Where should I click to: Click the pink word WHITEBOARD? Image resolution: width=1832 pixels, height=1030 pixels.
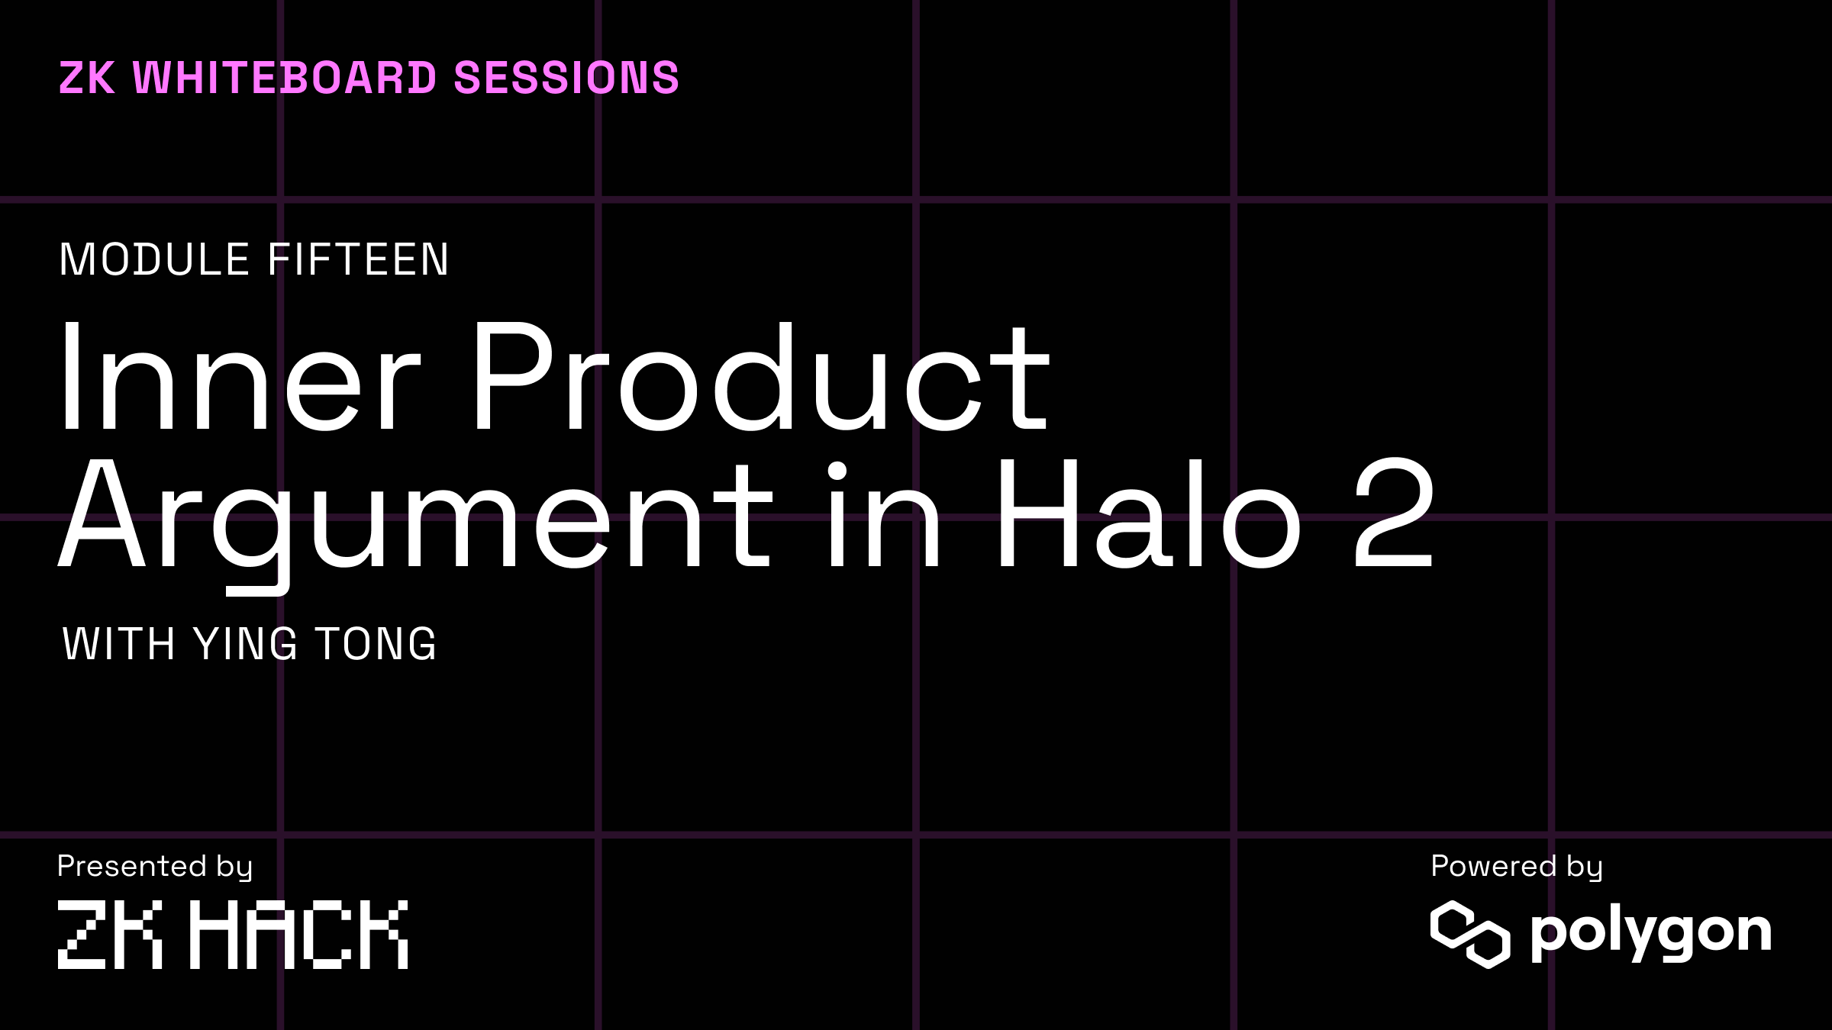(x=285, y=78)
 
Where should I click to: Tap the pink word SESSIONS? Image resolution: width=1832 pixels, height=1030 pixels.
(x=566, y=78)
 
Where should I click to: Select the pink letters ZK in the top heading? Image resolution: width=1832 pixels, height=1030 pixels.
(x=87, y=78)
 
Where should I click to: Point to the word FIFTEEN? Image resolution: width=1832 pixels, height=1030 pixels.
(x=358, y=259)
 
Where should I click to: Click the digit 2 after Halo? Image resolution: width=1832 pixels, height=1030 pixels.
(x=1394, y=515)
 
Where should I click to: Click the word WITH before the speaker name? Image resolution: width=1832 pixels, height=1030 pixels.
(x=118, y=644)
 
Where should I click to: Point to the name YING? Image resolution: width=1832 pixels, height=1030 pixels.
(x=245, y=644)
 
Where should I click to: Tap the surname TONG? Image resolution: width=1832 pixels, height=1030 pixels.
(x=376, y=644)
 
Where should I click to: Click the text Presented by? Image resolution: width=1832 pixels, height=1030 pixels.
(x=155, y=867)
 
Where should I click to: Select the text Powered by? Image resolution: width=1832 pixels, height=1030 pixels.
(x=1516, y=867)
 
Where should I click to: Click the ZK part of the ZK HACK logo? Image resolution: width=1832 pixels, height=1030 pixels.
(x=110, y=934)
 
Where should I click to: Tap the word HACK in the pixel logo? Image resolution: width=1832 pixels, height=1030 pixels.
(x=298, y=934)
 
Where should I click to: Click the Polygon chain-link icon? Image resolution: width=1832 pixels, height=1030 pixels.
(x=1469, y=934)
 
